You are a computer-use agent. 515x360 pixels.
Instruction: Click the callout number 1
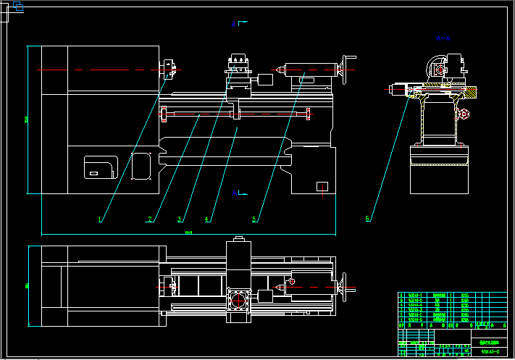pos(100,218)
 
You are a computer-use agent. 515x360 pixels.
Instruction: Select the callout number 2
pos(150,218)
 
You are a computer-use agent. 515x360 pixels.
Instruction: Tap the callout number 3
pos(180,218)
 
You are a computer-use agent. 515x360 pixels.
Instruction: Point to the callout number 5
pos(254,218)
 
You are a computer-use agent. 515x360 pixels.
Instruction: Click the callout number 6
pos(368,218)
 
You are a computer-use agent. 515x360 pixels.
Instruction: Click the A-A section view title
pos(443,38)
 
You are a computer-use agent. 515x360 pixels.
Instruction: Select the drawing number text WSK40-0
pos(491,352)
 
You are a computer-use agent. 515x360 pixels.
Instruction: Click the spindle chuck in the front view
pos(170,69)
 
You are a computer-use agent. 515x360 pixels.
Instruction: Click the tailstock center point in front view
pos(277,71)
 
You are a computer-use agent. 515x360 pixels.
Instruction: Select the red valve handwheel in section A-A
pos(464,114)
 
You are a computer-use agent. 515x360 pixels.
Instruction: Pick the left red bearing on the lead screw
pos(164,113)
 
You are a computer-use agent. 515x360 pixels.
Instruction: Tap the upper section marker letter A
pos(234,25)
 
